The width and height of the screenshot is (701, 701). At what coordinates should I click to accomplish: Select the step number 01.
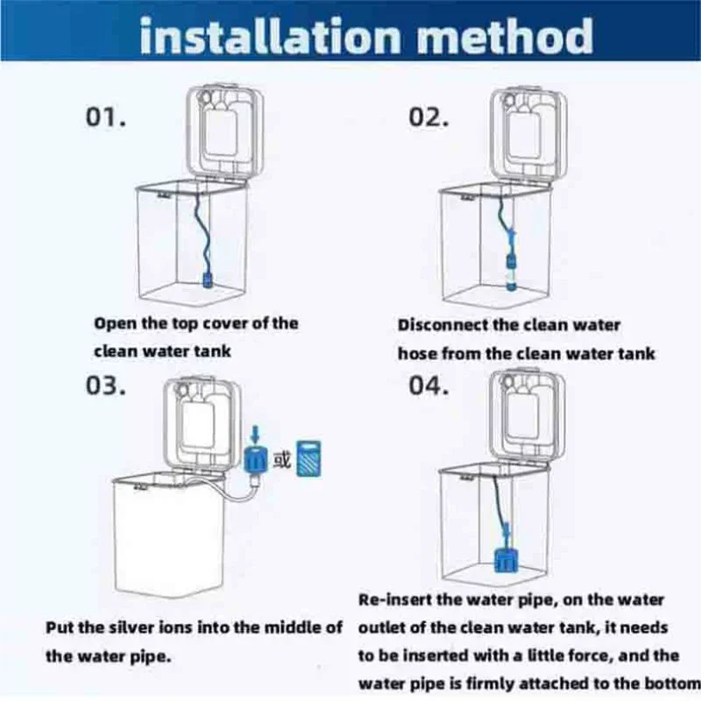106,117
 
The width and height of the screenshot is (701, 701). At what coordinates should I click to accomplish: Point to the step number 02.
428,117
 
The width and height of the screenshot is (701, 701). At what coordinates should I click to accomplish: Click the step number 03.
106,385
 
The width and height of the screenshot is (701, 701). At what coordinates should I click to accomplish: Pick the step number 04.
428,385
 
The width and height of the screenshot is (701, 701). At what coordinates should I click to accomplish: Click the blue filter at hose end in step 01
208,279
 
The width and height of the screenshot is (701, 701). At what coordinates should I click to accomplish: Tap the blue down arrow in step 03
255,434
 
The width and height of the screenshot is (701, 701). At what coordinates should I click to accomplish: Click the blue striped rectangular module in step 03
309,458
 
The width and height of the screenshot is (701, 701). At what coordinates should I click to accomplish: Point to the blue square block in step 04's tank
506,561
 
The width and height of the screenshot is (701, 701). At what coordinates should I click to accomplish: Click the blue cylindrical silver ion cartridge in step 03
255,458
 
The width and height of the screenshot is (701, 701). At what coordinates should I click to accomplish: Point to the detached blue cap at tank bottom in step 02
511,286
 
